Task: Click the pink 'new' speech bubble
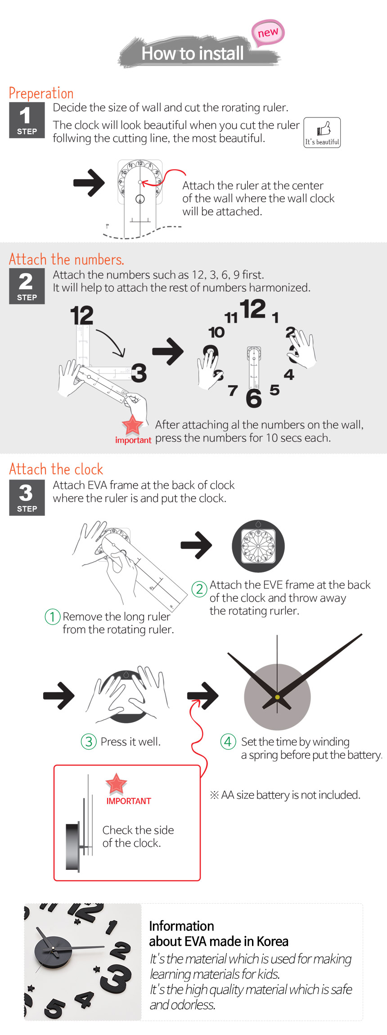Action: coord(268,33)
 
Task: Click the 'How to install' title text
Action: coord(193,54)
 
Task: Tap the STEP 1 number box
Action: coord(27,120)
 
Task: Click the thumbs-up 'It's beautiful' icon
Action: coord(322,132)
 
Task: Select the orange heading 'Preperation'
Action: coord(41,93)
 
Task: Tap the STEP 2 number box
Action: coord(27,286)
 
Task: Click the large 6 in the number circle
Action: coord(254,398)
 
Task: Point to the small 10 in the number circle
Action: coord(216,333)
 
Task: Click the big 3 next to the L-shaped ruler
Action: coord(139,373)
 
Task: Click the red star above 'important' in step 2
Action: coord(132,425)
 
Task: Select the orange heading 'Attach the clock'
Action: coord(56,469)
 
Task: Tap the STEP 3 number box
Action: coord(27,497)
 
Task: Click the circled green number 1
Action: coord(53,616)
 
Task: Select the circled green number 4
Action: coord(228,741)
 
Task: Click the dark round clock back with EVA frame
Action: coord(258,546)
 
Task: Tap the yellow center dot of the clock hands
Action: coord(277,697)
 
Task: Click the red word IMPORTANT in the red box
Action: coord(129,801)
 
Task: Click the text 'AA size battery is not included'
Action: coord(285,795)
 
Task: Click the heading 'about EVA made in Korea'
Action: coord(219,941)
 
